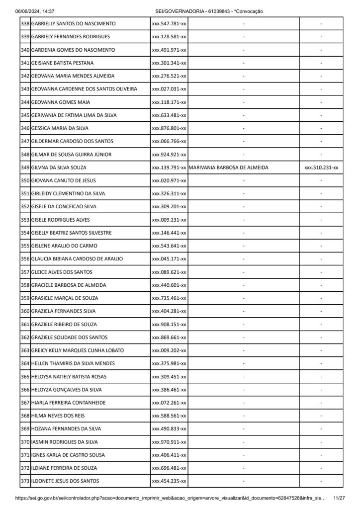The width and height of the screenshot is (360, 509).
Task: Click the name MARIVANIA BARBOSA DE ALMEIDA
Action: [229, 168]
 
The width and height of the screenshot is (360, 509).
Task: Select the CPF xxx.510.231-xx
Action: [321, 168]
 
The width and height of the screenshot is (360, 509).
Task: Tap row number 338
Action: [25, 24]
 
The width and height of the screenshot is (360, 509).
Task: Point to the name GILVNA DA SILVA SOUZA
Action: [59, 168]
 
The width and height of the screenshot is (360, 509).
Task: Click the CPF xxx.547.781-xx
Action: [169, 24]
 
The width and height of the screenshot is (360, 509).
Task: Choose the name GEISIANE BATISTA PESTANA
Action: [62, 63]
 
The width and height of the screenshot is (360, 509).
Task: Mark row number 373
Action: [25, 481]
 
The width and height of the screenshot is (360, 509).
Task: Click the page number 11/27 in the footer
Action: [339, 498]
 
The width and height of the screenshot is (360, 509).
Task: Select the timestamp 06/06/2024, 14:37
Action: [35, 11]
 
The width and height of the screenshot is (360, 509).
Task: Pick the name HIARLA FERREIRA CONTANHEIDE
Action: [68, 403]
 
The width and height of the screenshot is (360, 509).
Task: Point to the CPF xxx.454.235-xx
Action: [169, 481]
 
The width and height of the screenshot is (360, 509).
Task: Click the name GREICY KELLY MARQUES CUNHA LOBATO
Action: [78, 350]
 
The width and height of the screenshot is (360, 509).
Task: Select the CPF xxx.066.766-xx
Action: [169, 141]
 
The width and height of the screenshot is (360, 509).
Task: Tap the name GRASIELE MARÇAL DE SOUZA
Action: [65, 298]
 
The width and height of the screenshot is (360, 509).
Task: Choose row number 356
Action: [25, 259]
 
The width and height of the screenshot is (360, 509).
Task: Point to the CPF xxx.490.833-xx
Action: [169, 428]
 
